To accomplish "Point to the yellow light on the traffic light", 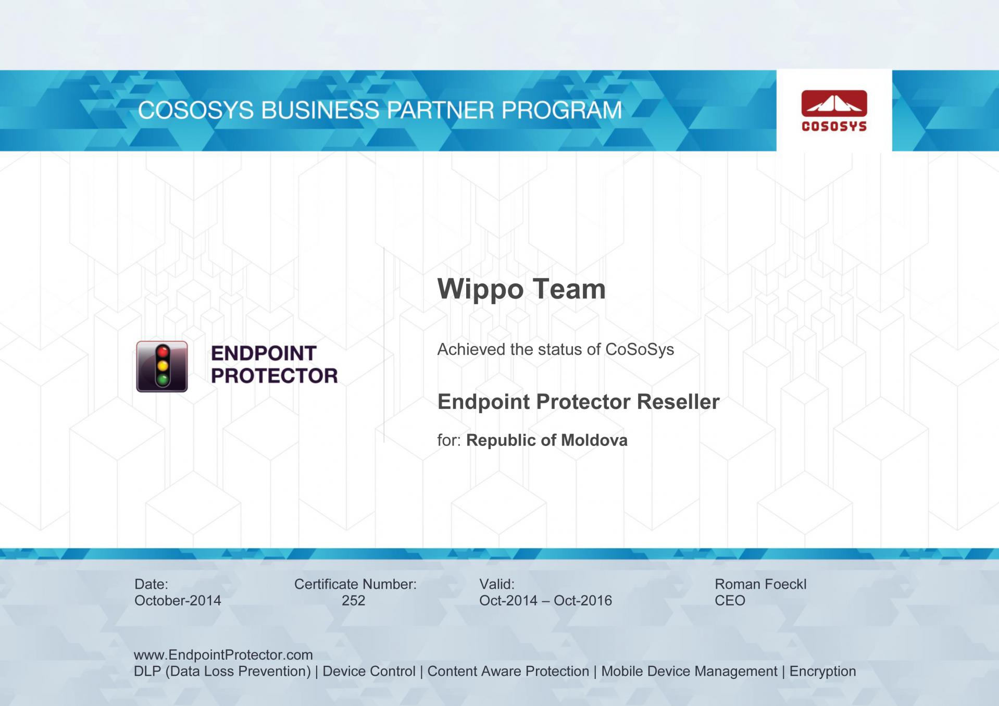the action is pos(163,366).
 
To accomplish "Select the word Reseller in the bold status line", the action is pos(678,402).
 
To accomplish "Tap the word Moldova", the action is pos(594,440).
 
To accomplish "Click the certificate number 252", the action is pos(354,601).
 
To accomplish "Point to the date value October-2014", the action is pos(178,601).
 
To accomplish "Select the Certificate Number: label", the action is pos(355,585).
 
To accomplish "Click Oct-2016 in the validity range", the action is pos(583,601).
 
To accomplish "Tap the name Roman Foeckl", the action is pos(760,585).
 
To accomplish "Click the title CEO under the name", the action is pos(730,601).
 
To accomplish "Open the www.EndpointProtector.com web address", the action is pos(223,655).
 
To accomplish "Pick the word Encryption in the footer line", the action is pos(822,672).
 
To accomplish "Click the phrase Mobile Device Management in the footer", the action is pos(689,671).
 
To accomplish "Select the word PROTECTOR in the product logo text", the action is pos(274,376).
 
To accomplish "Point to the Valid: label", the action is pos(497,585).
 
